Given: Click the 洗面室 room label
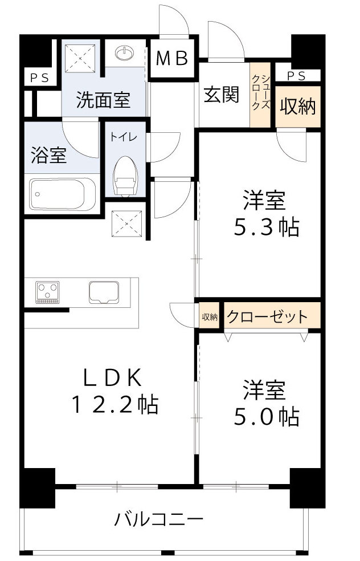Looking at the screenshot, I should point(103,100).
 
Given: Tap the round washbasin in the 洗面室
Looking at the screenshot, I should point(125,54).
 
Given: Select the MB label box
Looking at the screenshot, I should point(173,59).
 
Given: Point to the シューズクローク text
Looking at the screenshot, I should point(260,92).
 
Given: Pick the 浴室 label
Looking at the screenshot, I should point(50,155).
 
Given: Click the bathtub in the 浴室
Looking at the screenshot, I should point(62,194).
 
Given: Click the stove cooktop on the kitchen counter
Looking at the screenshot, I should point(47,292).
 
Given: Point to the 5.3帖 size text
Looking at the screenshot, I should point(267,228).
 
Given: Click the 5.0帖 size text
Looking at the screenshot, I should point(267,418).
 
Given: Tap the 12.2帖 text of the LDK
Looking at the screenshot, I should point(114,404).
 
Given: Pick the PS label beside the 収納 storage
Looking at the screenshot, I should point(294,76).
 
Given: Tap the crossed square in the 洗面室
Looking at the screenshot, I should point(81,58).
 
